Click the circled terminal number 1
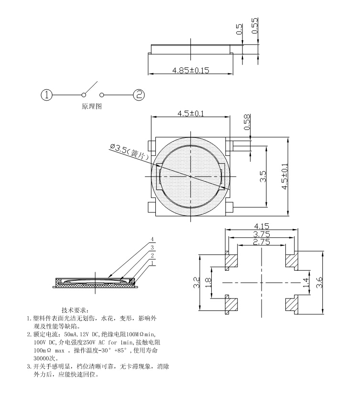46,95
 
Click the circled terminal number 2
139,95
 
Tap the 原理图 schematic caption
92,106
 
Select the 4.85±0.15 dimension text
191,70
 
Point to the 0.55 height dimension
254,25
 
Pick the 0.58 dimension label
247,122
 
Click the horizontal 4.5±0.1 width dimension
191,113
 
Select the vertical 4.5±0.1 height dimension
285,177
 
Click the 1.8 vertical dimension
208,282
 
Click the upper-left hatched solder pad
232,261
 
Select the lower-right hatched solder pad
291,304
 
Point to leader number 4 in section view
153,239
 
